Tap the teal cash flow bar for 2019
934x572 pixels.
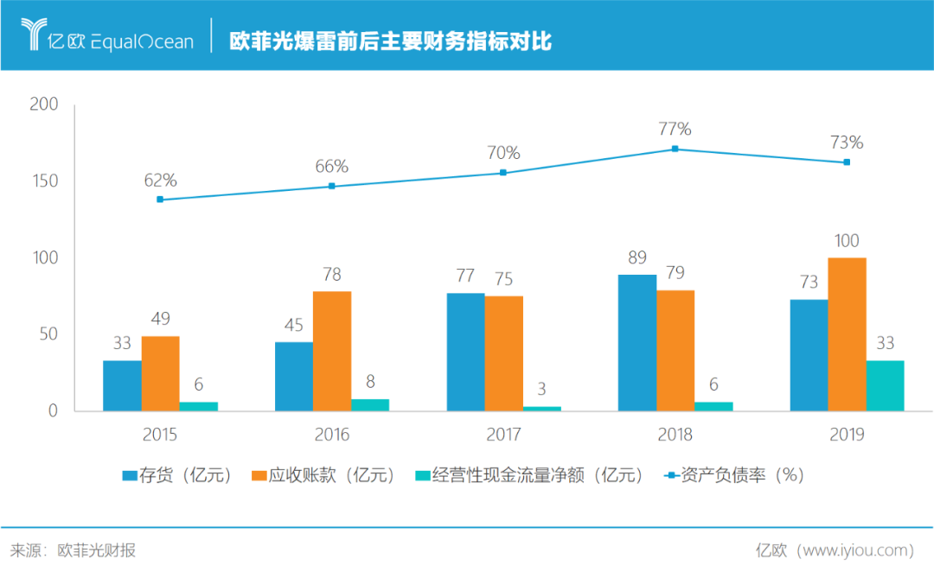[885, 385]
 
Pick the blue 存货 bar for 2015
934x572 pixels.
[122, 385]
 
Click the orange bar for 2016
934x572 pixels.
[332, 351]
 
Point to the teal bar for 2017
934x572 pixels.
[542, 408]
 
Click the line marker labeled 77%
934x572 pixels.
[675, 149]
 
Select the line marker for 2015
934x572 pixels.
[160, 200]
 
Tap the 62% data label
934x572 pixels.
[160, 180]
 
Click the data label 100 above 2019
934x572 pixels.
[847, 241]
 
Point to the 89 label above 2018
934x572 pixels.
[637, 257]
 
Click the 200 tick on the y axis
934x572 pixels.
[43, 105]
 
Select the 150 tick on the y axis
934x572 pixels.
[43, 181]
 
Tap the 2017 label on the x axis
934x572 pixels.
[503, 434]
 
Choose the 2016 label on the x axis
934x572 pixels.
[332, 434]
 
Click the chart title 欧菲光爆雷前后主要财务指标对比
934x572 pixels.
[390, 41]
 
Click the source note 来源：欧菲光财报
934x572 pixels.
[74, 550]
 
